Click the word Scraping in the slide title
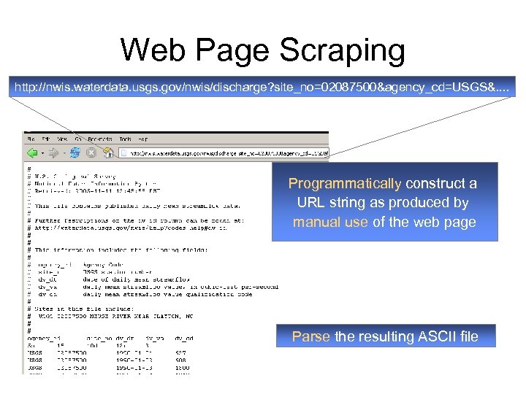(343, 51)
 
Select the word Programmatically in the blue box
(345, 184)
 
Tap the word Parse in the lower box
(311, 336)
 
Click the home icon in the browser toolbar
(107, 152)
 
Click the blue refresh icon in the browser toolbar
(75, 152)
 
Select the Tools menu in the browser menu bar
(125, 138)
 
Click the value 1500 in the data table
(182, 368)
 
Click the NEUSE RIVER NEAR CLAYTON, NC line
(118, 315)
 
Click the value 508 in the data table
(180, 359)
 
